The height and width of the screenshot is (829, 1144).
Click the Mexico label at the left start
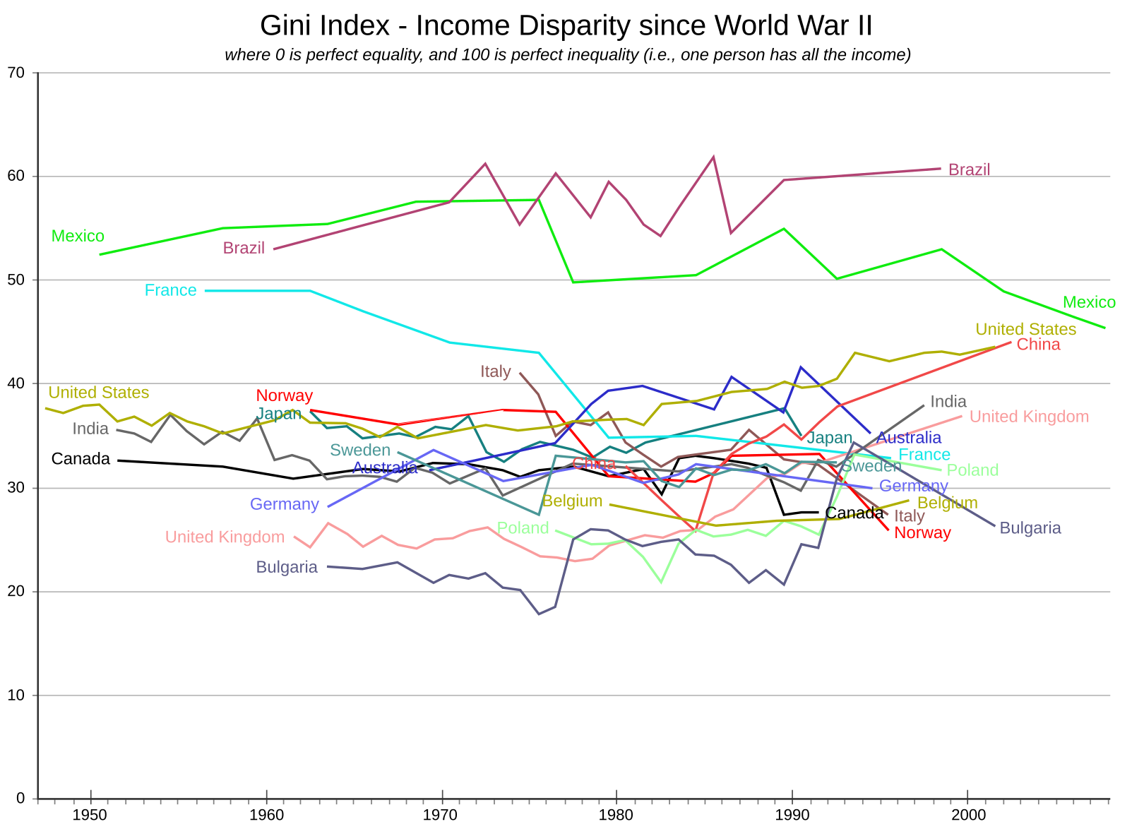click(78, 236)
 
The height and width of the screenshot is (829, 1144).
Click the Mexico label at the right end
click(1088, 302)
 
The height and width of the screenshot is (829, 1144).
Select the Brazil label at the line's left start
click(244, 248)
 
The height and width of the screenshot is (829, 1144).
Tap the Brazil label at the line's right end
click(969, 169)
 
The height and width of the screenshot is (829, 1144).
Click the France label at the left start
click(170, 290)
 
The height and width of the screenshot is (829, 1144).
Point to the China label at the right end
click(1038, 345)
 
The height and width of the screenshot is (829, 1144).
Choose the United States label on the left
click(99, 393)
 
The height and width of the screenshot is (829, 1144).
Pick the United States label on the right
click(1025, 329)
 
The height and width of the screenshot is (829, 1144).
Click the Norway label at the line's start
click(284, 395)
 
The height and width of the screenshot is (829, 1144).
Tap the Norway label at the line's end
click(922, 533)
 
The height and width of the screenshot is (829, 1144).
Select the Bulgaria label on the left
click(287, 567)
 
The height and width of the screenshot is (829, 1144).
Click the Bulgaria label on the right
click(1030, 528)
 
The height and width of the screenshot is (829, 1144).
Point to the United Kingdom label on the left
click(225, 537)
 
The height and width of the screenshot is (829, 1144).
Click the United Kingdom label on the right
click(1029, 417)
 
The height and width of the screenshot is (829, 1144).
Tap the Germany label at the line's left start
click(285, 504)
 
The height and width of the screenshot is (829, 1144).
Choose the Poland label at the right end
click(972, 470)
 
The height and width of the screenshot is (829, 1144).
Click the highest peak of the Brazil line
click(713, 157)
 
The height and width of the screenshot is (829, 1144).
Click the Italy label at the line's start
click(496, 371)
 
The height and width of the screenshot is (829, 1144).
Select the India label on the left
click(90, 429)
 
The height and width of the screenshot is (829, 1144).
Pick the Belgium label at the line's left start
click(572, 501)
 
